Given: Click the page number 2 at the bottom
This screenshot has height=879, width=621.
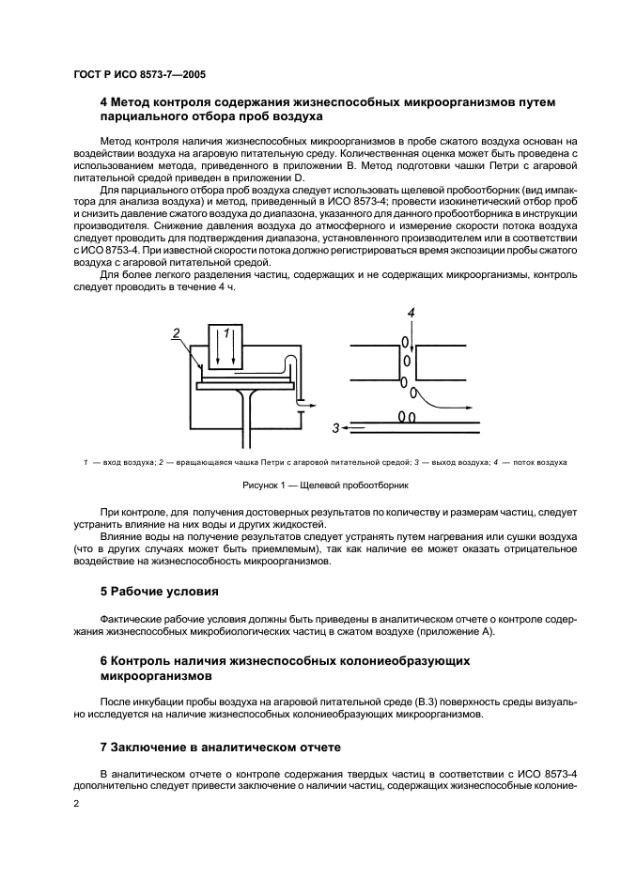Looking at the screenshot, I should tap(76, 805).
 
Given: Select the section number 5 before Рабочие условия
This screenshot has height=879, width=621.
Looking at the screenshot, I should tap(104, 593).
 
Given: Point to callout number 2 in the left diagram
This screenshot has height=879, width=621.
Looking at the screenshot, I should tap(176, 332).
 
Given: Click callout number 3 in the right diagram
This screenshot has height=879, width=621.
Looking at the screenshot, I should tap(334, 428).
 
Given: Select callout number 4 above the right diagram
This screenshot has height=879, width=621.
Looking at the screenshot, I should tap(410, 312).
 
